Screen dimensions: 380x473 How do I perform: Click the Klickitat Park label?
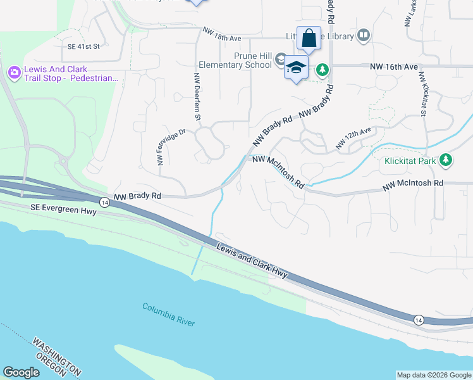[410, 161]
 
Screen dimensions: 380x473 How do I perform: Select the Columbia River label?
[169, 314]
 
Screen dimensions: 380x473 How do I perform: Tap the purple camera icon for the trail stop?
[14, 73]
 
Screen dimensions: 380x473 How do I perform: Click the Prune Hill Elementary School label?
[235, 60]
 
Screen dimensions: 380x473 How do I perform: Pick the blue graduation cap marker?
[295, 67]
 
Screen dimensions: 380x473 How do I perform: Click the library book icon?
[363, 35]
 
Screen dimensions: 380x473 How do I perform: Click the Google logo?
[21, 372]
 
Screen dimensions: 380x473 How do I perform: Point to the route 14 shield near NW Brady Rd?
[105, 202]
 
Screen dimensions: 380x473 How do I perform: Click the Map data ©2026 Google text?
[434, 375]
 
